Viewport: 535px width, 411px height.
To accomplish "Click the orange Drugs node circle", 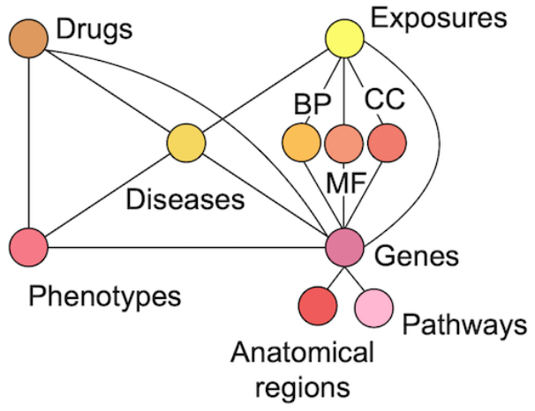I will (x=28, y=40).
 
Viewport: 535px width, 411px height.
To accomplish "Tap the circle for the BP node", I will (x=302, y=141).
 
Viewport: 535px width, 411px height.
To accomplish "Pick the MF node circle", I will (x=344, y=142).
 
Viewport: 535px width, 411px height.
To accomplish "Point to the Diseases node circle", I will (x=186, y=143).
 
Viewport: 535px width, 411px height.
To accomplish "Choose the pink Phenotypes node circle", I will (x=28, y=244).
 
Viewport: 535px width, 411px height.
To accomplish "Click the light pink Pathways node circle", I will (x=373, y=306).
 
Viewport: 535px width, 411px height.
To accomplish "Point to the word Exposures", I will (x=439, y=17).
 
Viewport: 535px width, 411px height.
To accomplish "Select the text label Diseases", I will (x=185, y=198).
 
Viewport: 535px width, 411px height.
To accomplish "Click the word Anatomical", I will (x=303, y=354).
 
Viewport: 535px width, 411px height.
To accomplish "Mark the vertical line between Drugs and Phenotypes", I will (x=28, y=141).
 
